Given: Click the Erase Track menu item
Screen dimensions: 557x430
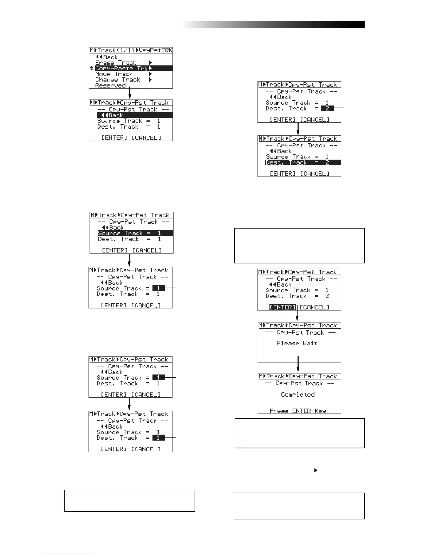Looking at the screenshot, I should (116, 63).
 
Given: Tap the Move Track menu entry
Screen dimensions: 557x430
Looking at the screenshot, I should (114, 74).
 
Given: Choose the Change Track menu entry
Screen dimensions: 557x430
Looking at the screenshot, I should (118, 80).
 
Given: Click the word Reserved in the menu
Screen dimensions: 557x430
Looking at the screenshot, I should (110, 85).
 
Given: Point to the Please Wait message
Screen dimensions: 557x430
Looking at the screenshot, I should (297, 343).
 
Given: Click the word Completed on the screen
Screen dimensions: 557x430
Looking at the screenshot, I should (298, 395).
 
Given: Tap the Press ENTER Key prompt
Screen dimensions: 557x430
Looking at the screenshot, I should (298, 411).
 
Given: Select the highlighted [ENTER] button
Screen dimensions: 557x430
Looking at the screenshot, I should (283, 307).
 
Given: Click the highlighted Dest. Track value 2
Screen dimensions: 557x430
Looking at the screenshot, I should (327, 109).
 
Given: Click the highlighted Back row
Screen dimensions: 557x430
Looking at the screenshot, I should (135, 115).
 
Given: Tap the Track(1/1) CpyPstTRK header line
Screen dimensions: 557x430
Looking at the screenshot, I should (131, 50).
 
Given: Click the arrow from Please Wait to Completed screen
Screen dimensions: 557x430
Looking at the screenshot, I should (298, 364).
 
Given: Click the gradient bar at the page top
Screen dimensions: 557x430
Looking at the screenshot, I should (274, 24).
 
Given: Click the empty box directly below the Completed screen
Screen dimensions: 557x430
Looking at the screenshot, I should (299, 433).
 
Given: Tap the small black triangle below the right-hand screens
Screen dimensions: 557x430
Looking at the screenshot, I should (315, 470).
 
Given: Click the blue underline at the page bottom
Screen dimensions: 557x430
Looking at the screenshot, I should (70, 554).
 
